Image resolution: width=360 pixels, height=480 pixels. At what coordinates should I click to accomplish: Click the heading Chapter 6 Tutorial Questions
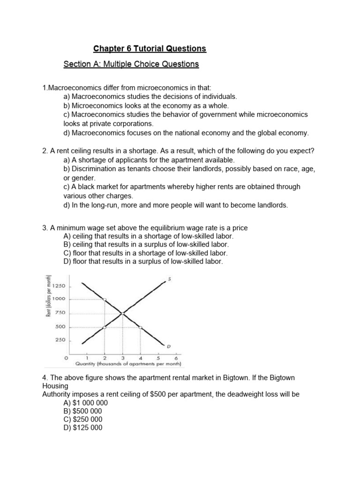(150, 49)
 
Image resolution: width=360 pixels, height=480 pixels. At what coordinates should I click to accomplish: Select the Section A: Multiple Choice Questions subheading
(131, 64)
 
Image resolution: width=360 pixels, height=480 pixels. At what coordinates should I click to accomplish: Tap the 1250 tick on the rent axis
(60, 286)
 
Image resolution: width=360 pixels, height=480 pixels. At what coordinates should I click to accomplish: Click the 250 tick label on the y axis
(60, 340)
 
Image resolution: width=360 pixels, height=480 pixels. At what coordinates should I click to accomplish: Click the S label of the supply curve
(169, 279)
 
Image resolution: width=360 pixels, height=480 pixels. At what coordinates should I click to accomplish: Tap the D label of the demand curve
(169, 346)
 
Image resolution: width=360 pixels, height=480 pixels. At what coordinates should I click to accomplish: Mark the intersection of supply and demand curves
(123, 313)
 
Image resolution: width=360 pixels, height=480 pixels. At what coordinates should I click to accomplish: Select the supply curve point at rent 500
(105, 327)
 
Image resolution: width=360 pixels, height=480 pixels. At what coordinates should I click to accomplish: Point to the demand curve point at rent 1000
(105, 299)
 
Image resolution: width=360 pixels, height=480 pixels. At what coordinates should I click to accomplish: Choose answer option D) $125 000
(82, 427)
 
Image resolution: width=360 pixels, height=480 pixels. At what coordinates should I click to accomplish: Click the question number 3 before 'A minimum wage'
(44, 228)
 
